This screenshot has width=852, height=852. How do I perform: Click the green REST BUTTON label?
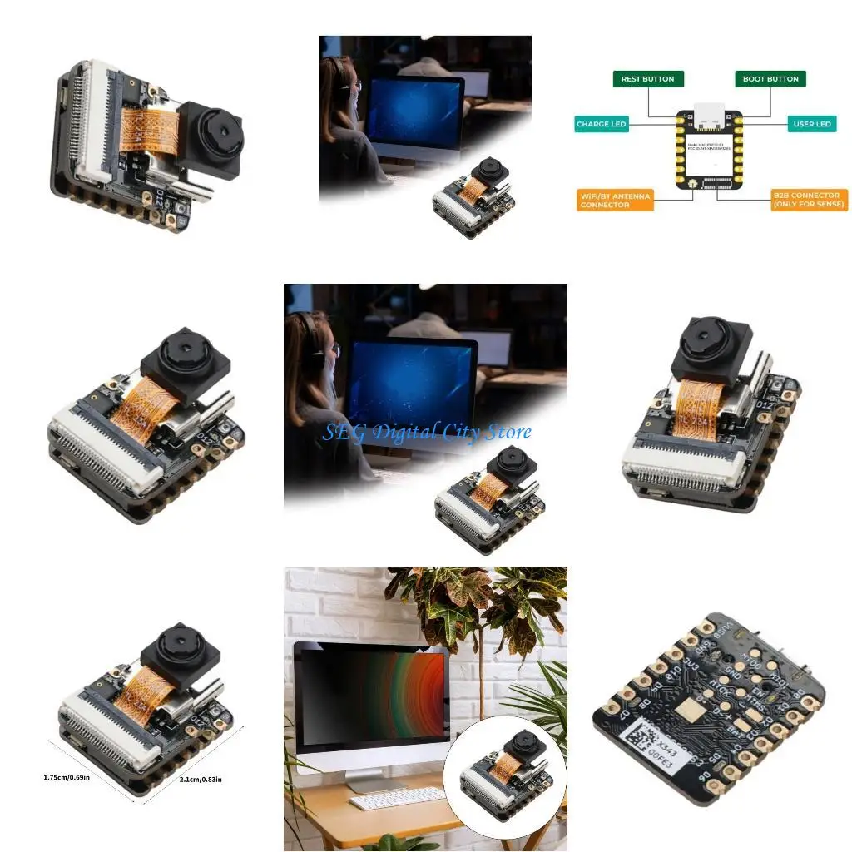[x=647, y=79]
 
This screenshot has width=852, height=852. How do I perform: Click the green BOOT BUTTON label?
[x=770, y=79]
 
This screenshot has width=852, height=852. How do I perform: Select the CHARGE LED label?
[x=601, y=124]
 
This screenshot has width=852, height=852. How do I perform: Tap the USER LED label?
[x=811, y=124]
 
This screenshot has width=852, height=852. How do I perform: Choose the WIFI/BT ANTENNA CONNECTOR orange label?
[x=615, y=201]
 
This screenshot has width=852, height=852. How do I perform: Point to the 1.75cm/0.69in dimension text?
[x=67, y=777]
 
